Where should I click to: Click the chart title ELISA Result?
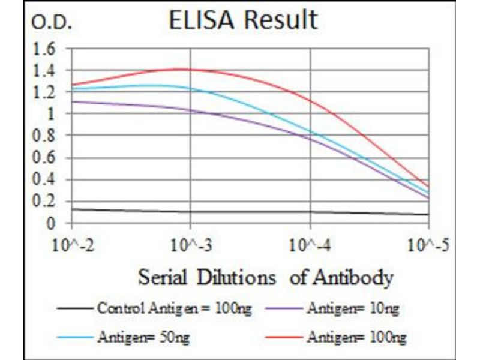(x=242, y=20)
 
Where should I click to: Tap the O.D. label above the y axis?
(x=52, y=23)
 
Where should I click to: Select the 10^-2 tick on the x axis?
(x=71, y=245)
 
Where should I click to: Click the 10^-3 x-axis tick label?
(x=190, y=245)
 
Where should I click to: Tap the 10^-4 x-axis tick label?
(x=310, y=245)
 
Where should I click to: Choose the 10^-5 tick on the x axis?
(x=428, y=245)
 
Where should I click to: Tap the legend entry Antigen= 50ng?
(x=143, y=337)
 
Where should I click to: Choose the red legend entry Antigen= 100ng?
(x=356, y=337)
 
